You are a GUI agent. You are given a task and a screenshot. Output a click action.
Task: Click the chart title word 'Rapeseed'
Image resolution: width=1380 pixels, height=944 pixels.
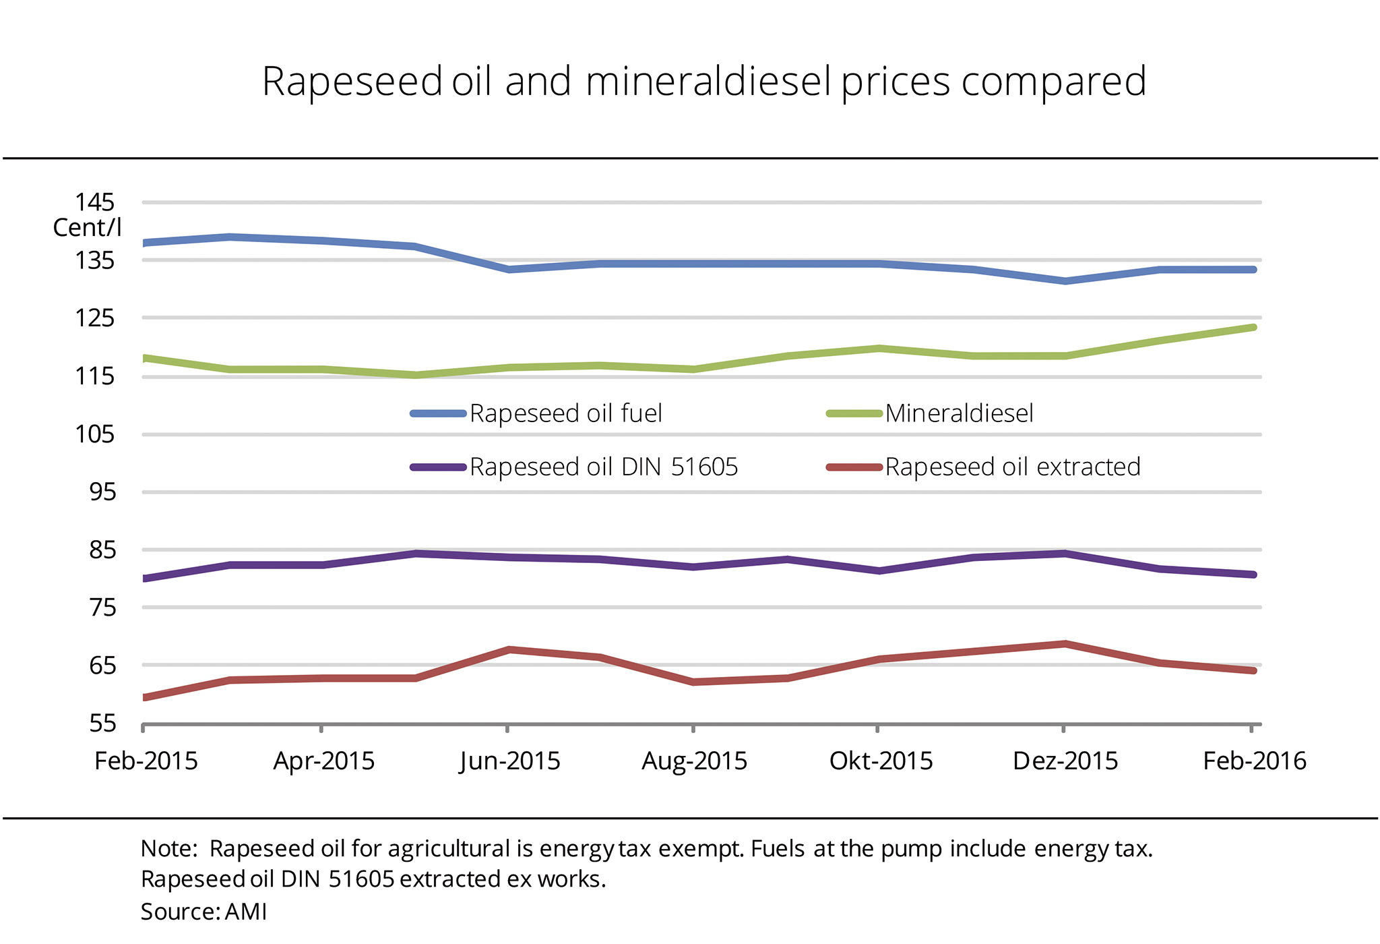352,82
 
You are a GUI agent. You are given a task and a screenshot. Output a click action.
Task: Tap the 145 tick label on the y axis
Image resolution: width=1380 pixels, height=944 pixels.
95,202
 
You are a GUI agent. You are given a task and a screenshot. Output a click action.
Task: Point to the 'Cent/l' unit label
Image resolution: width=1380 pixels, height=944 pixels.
87,228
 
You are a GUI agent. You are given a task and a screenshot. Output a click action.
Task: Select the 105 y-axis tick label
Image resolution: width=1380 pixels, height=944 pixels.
95,434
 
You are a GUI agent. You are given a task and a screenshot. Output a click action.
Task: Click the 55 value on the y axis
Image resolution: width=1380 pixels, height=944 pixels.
103,724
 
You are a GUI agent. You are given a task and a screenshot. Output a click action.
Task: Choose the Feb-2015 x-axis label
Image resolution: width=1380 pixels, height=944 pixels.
146,761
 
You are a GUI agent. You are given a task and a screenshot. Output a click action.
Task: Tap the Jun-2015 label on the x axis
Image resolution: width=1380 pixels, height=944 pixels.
510,761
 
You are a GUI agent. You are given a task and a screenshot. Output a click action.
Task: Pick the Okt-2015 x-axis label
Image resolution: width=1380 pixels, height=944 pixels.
881,761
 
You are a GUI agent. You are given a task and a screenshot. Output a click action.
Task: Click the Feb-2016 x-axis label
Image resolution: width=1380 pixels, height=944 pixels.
1255,761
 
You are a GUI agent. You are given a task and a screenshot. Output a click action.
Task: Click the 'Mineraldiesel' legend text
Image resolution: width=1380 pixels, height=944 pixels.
959,413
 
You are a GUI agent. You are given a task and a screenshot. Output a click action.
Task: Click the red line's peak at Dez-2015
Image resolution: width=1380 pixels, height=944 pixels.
1065,644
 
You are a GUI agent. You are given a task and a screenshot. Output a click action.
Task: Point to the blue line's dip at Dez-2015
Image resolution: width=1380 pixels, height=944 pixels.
1065,281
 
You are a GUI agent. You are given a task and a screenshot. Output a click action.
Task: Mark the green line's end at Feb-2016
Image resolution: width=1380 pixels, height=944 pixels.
1253,328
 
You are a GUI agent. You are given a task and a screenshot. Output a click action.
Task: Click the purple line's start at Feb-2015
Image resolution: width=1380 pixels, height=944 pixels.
145,578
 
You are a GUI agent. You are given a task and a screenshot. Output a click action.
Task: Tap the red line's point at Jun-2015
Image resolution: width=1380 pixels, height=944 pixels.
509,649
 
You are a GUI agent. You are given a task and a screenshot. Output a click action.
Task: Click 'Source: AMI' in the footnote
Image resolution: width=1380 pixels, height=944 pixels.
203,912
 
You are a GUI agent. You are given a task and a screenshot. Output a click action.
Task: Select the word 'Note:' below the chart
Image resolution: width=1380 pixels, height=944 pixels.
168,848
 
